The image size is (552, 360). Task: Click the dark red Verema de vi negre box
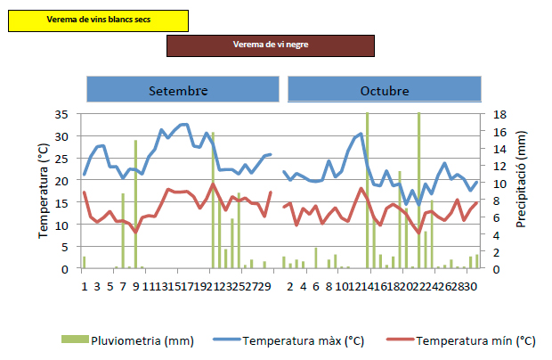[x=270, y=45]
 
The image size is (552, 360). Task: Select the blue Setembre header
[x=178, y=91]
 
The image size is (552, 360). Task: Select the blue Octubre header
[x=385, y=91]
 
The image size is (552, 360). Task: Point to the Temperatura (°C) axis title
[x=43, y=192]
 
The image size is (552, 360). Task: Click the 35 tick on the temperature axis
[x=62, y=114]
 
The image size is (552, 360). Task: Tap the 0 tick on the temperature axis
[x=66, y=268]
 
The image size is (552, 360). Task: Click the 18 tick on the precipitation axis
[x=499, y=114]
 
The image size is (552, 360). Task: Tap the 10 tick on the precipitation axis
[x=499, y=183]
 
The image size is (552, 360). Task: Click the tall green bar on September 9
[x=136, y=205]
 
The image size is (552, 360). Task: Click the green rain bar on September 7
[x=123, y=231]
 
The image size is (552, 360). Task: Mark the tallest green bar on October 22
[x=418, y=191]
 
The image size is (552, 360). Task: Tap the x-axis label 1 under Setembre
[x=84, y=286]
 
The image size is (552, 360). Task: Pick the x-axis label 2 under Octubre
[x=290, y=286]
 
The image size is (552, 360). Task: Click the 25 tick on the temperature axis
[x=62, y=158]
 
